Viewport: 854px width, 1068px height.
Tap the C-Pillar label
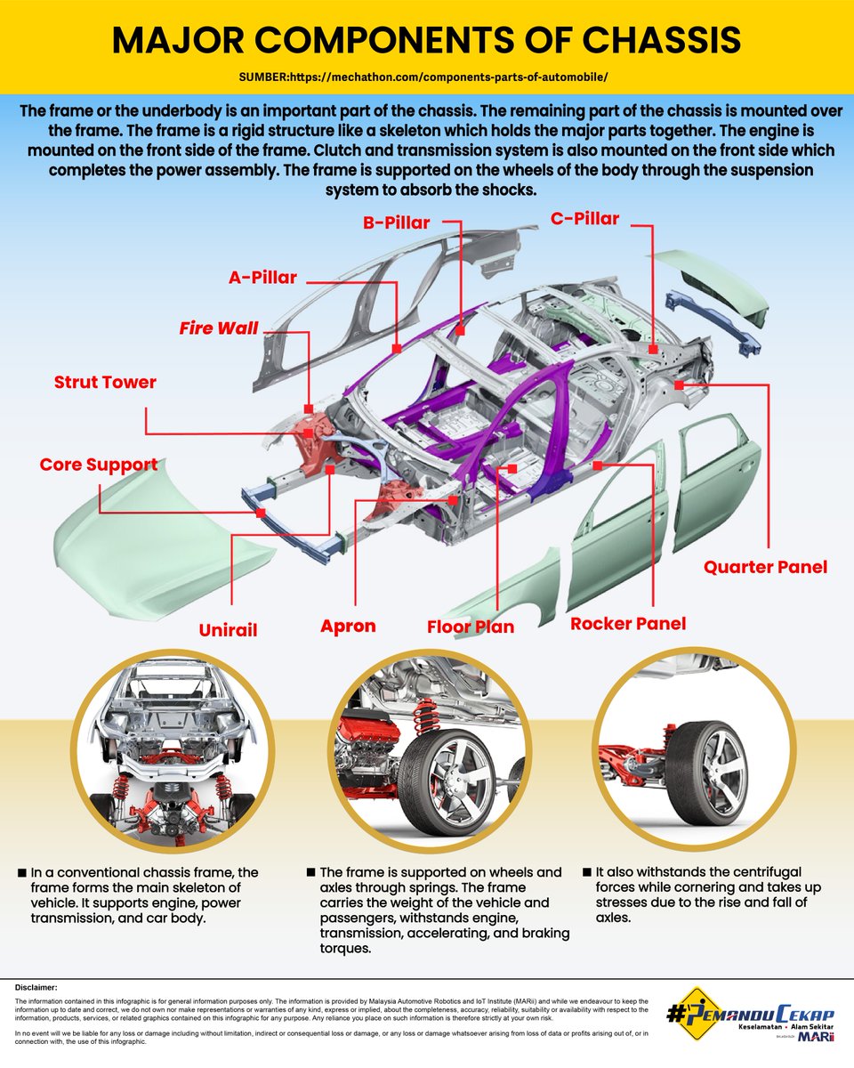584,217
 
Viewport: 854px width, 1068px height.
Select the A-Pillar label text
262,278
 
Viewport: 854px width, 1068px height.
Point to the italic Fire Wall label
218,328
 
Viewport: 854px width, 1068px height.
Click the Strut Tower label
105,383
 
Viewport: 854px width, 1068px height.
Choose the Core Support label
99,465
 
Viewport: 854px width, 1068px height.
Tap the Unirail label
228,630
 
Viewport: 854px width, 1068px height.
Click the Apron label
348,626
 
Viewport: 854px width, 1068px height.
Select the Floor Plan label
471,627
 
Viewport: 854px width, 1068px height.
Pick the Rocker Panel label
628,623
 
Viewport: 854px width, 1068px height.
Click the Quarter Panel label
765,567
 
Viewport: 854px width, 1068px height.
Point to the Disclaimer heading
36,987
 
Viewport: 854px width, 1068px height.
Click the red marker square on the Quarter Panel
679,385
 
